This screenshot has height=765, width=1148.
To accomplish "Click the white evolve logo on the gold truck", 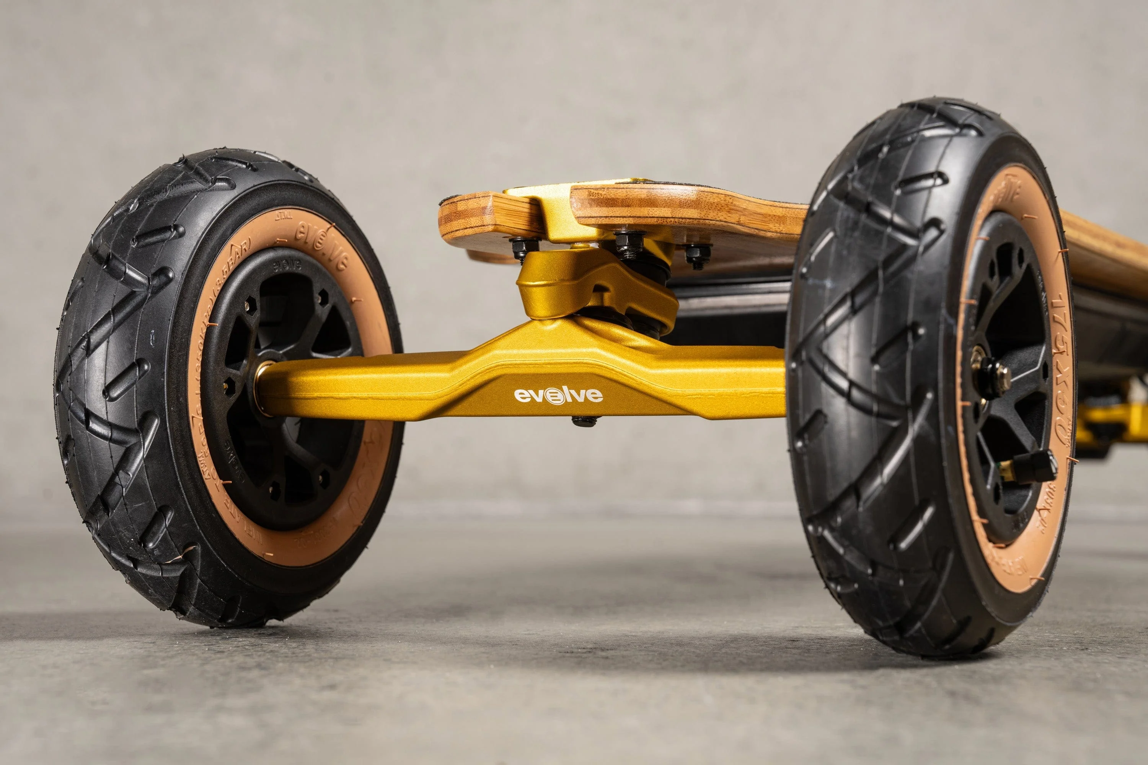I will pyautogui.click(x=558, y=395).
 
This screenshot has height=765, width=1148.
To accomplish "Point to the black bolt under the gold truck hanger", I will pyautogui.click(x=585, y=420).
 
